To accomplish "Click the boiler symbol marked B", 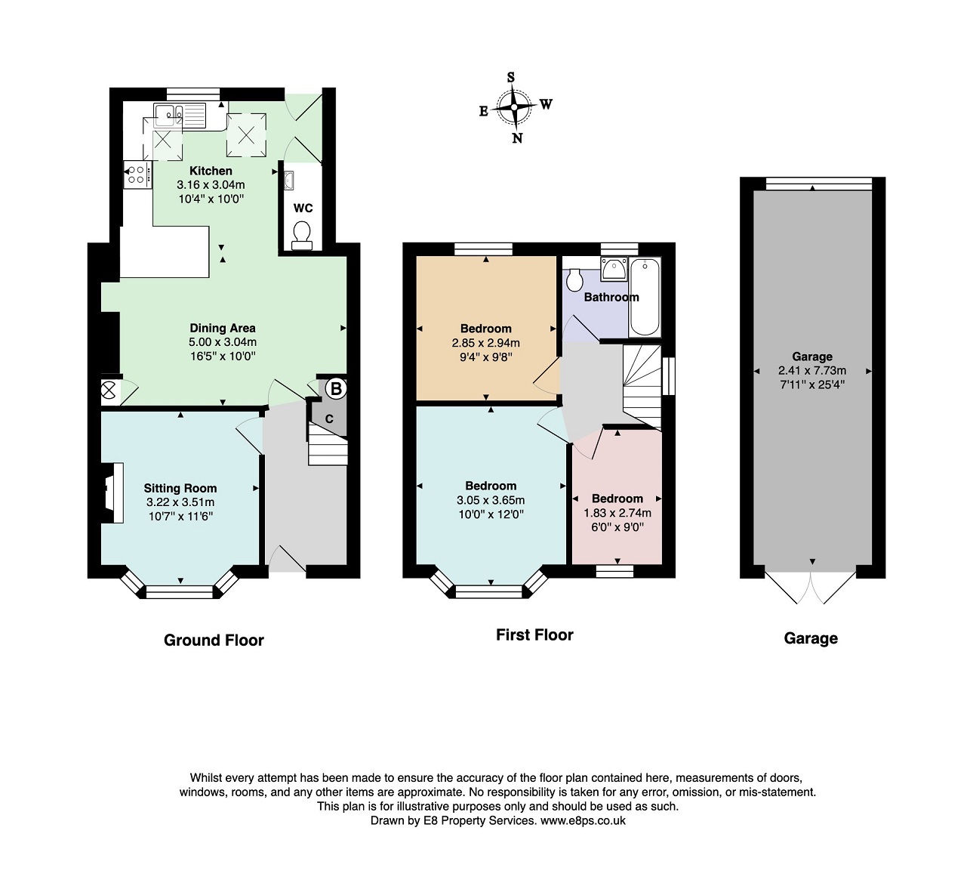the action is (x=336, y=389).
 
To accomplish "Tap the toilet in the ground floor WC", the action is (x=302, y=236).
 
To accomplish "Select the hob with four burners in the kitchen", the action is (x=138, y=175).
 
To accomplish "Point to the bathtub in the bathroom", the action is (x=645, y=297).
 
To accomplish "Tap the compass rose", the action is (x=514, y=107).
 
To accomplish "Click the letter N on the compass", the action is (x=518, y=138).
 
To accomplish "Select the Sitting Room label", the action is (x=180, y=488).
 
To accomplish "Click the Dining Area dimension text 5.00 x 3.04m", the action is (x=223, y=342).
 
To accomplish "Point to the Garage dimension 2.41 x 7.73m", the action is (x=812, y=371).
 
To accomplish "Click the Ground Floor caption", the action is (x=214, y=641).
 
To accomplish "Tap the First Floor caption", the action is (x=534, y=635).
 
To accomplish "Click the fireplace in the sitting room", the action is (x=112, y=492).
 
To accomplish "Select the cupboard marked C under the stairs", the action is (x=329, y=418).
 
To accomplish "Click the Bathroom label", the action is (x=611, y=297).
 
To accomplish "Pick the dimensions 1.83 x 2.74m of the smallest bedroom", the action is (x=617, y=513).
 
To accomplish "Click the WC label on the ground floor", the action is (x=303, y=208).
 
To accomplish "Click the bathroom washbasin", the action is (x=614, y=269).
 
